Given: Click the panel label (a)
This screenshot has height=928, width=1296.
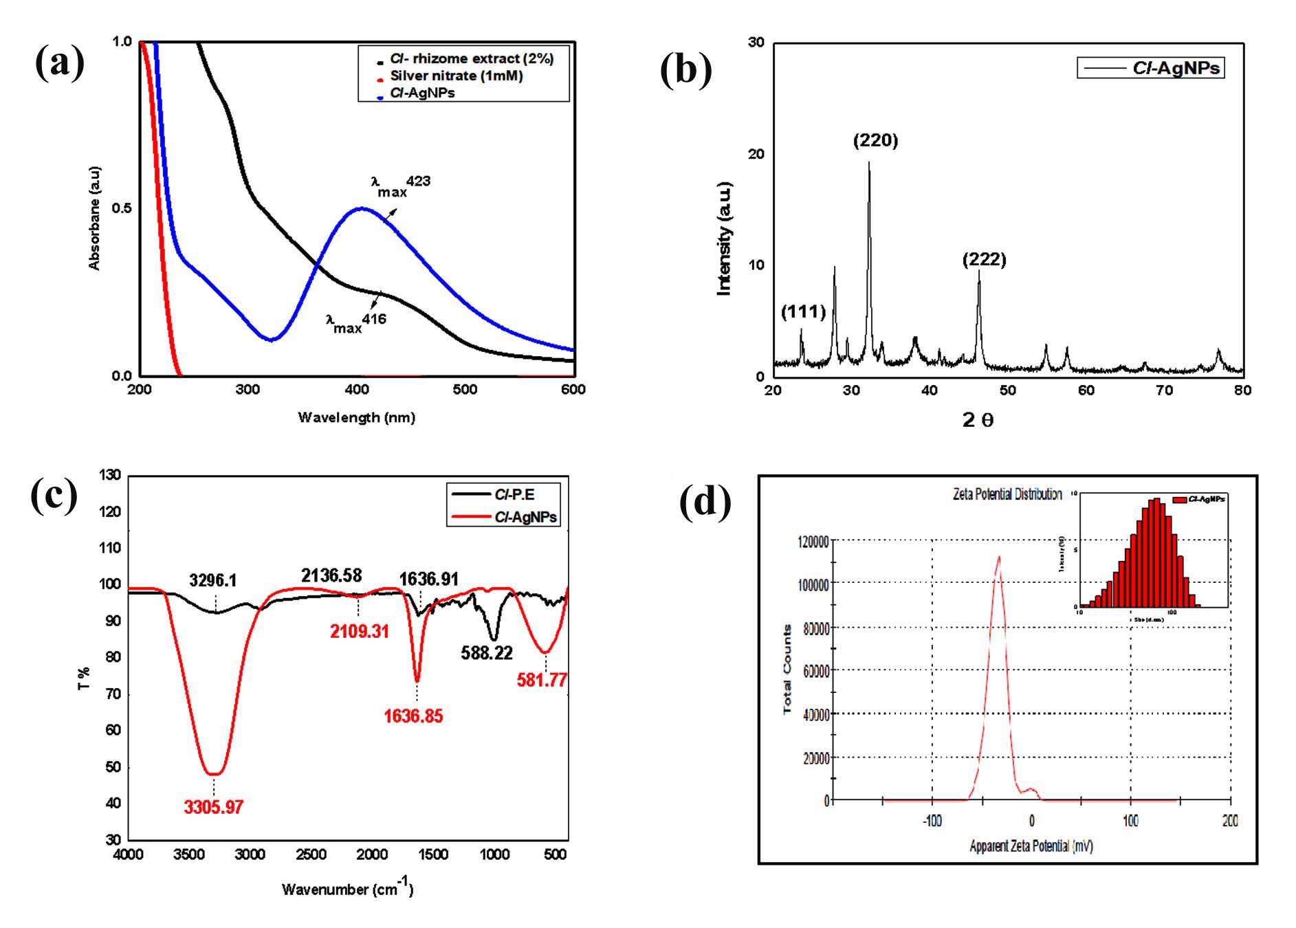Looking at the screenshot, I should point(60,63).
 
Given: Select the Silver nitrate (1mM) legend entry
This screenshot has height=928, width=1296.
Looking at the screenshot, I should point(456,76).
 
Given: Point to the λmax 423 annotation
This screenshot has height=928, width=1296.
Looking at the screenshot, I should point(400,186).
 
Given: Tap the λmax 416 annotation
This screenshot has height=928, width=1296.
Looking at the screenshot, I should point(355,322).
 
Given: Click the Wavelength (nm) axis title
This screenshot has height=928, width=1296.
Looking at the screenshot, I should point(356,417).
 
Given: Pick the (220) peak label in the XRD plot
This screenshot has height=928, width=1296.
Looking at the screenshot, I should point(875,141).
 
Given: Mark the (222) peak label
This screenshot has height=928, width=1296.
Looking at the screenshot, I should point(984,260).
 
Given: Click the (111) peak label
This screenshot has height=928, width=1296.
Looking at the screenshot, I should point(803,312).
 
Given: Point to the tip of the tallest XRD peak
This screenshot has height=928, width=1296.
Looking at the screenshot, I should point(869,163).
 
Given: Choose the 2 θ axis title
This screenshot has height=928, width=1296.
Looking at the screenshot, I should point(977,420).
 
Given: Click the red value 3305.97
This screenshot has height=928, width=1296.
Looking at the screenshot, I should point(213,807).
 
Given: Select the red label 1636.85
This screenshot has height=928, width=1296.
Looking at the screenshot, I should point(413,716).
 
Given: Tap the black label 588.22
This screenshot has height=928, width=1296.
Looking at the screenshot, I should point(487,653).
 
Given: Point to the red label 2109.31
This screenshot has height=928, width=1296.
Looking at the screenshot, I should point(360,631).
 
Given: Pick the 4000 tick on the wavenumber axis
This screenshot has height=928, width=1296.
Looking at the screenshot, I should point(128,854).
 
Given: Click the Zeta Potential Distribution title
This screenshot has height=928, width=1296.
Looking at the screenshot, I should point(1007,494).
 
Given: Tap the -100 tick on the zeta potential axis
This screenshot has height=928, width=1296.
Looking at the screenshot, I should point(932,821).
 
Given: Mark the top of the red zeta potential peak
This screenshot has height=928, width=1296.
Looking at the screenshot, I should point(998,557).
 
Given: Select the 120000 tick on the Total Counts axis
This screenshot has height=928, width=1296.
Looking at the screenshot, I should point(813,542).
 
